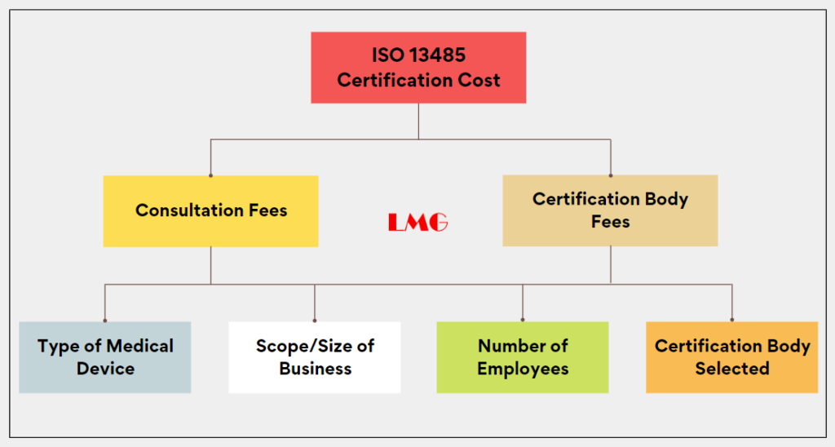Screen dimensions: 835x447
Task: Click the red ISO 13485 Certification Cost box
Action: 418,68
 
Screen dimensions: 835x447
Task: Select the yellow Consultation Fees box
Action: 211,211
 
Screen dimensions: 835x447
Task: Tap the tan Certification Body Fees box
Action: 610,210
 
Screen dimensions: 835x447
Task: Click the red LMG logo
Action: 418,222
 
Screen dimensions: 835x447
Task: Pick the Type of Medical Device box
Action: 105,357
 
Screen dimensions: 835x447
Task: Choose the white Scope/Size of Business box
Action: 315,357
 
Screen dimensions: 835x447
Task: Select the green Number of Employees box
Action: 523,357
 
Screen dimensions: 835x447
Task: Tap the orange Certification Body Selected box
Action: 731,357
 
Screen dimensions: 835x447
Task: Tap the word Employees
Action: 523,369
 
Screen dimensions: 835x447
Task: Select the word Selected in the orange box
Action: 732,369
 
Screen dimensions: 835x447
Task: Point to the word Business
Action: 316,369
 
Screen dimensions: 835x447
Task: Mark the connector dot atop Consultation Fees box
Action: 211,175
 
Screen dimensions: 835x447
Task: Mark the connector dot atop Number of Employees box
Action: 523,321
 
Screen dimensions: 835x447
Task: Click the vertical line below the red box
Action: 418,122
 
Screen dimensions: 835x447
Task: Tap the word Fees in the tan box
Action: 610,222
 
